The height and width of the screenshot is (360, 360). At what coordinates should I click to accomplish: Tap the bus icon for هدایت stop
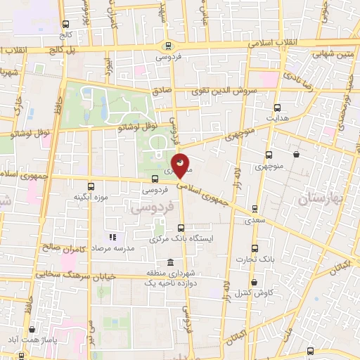277,108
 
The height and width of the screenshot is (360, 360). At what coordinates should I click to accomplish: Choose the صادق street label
162,91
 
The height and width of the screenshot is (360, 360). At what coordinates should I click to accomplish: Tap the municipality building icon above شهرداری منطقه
171,262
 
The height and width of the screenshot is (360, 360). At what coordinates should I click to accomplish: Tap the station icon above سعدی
255,208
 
